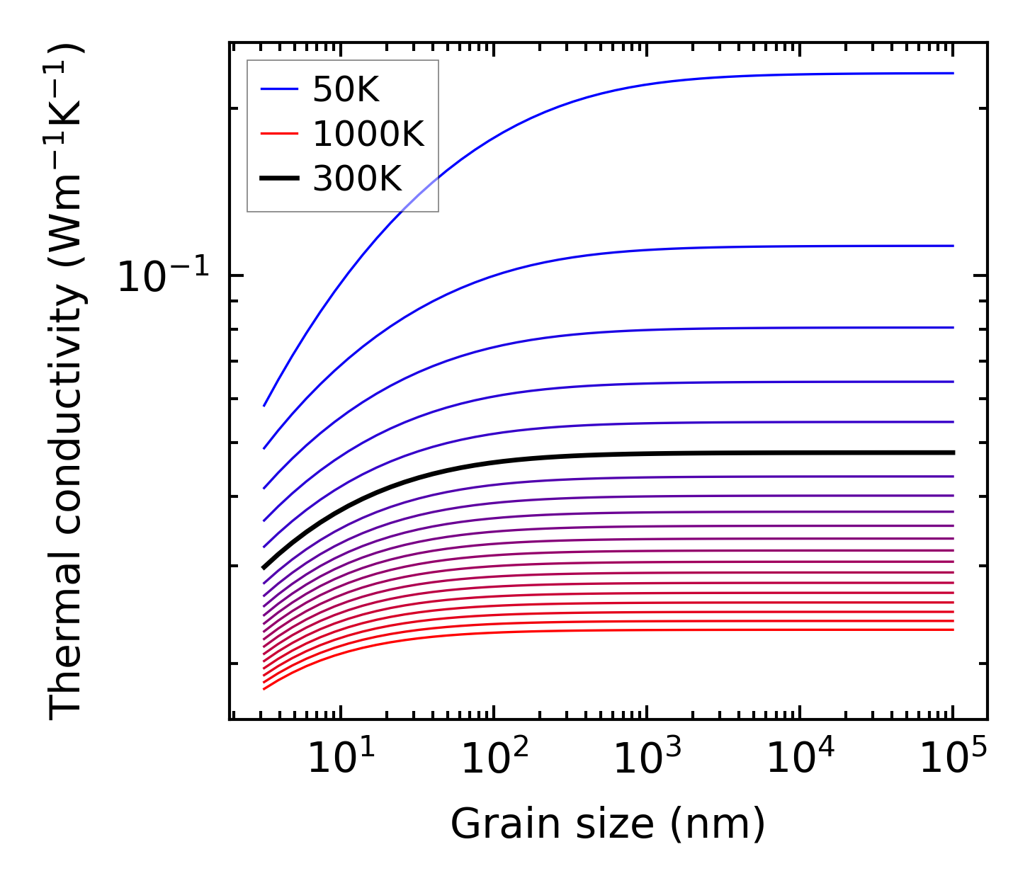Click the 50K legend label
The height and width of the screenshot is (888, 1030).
pyautogui.click(x=346, y=90)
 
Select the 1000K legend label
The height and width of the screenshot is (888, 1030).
pyautogui.click(x=368, y=135)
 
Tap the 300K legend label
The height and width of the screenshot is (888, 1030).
pyautogui.click(x=357, y=179)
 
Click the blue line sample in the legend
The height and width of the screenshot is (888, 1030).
pyautogui.click(x=279, y=90)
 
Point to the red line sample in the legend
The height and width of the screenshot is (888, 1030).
pyautogui.click(x=279, y=135)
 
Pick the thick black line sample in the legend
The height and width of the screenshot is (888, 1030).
pyautogui.click(x=279, y=179)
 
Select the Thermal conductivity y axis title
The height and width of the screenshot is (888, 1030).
pyautogui.click(x=67, y=382)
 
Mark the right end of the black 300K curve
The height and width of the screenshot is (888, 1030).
pyautogui.click(x=953, y=452)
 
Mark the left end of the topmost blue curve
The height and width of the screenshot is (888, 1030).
pyautogui.click(x=264, y=406)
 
